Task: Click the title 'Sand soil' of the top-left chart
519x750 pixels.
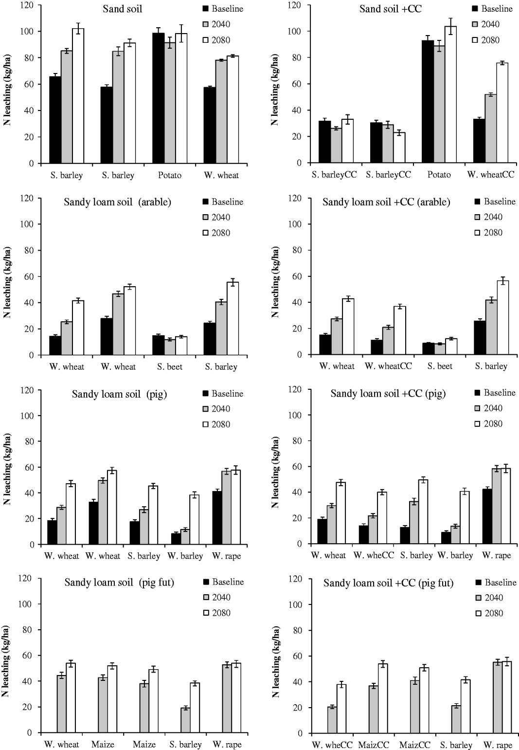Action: coord(123,9)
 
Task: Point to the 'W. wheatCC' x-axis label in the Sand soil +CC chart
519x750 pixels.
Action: coord(491,175)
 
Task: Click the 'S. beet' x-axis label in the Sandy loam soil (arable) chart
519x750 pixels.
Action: coord(170,367)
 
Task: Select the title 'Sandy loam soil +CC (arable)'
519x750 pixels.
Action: coord(386,201)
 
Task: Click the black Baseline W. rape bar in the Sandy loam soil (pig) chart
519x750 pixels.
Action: coord(217,518)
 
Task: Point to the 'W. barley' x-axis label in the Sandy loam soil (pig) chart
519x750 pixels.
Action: coord(185,556)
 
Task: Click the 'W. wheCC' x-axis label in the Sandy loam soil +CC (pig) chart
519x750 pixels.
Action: coord(374,555)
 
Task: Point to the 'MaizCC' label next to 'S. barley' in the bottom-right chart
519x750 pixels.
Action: coord(415,745)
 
